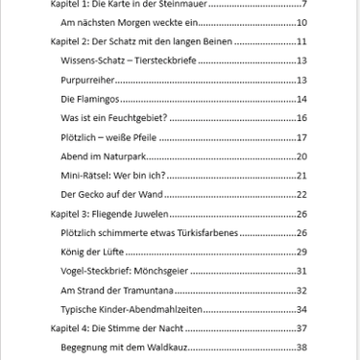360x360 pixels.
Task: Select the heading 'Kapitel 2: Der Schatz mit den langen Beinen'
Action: (x=142, y=42)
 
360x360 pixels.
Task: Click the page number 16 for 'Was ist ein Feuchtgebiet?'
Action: (x=300, y=118)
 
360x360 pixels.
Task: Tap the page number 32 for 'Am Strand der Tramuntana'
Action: (x=300, y=290)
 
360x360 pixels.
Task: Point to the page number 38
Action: (x=300, y=347)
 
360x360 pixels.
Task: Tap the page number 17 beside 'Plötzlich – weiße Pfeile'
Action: (x=300, y=137)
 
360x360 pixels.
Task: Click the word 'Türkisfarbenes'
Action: (x=204, y=232)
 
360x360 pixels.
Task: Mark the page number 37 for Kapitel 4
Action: (x=300, y=328)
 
